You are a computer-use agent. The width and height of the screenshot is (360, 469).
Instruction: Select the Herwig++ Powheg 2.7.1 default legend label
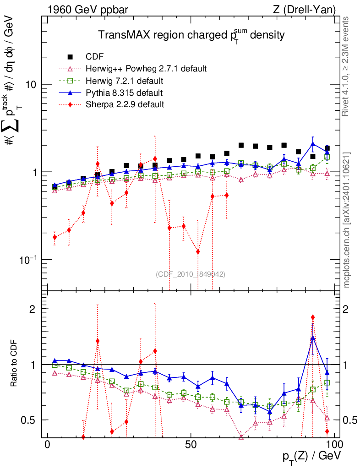(146, 69)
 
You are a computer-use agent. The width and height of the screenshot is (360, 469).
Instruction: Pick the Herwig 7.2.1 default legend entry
(125, 81)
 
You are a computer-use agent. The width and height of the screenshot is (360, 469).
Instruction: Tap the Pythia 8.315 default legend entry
(124, 93)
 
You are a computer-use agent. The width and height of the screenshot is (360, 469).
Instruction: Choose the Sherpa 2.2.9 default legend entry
(125, 104)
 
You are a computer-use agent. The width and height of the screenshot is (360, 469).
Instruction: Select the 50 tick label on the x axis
(191, 445)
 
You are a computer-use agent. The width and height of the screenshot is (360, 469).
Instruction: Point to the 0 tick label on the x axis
(48, 445)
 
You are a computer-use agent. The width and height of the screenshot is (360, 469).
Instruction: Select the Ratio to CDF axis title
(15, 365)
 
